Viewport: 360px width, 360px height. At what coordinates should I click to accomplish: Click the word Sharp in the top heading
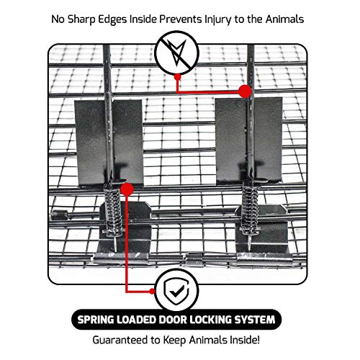pyautogui.click(x=81, y=19)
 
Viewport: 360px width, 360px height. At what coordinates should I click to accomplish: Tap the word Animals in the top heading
pyautogui.click(x=284, y=19)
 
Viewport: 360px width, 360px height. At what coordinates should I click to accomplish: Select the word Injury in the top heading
pyautogui.click(x=218, y=19)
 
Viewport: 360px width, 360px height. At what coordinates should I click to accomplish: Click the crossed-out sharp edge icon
pyautogui.click(x=177, y=53)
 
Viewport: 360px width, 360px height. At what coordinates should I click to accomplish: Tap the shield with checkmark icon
pyautogui.click(x=176, y=291)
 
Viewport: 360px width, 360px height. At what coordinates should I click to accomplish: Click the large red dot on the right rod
pyautogui.click(x=245, y=91)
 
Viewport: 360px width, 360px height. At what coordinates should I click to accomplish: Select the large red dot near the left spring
pyautogui.click(x=127, y=189)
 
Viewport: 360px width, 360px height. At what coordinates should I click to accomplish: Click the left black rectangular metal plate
pyautogui.click(x=109, y=142)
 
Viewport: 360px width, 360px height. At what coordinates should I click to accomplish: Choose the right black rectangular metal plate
pyautogui.click(x=249, y=140)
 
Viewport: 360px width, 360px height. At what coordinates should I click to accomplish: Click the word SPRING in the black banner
pyautogui.click(x=95, y=320)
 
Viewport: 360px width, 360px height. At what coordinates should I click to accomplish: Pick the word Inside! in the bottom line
pyautogui.click(x=245, y=340)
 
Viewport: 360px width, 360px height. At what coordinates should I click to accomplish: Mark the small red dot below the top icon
pyautogui.click(x=177, y=77)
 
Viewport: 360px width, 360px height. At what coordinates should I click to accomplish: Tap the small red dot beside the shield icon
pyautogui.click(x=152, y=291)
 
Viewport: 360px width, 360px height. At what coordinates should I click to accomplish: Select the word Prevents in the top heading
pyautogui.click(x=181, y=19)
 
